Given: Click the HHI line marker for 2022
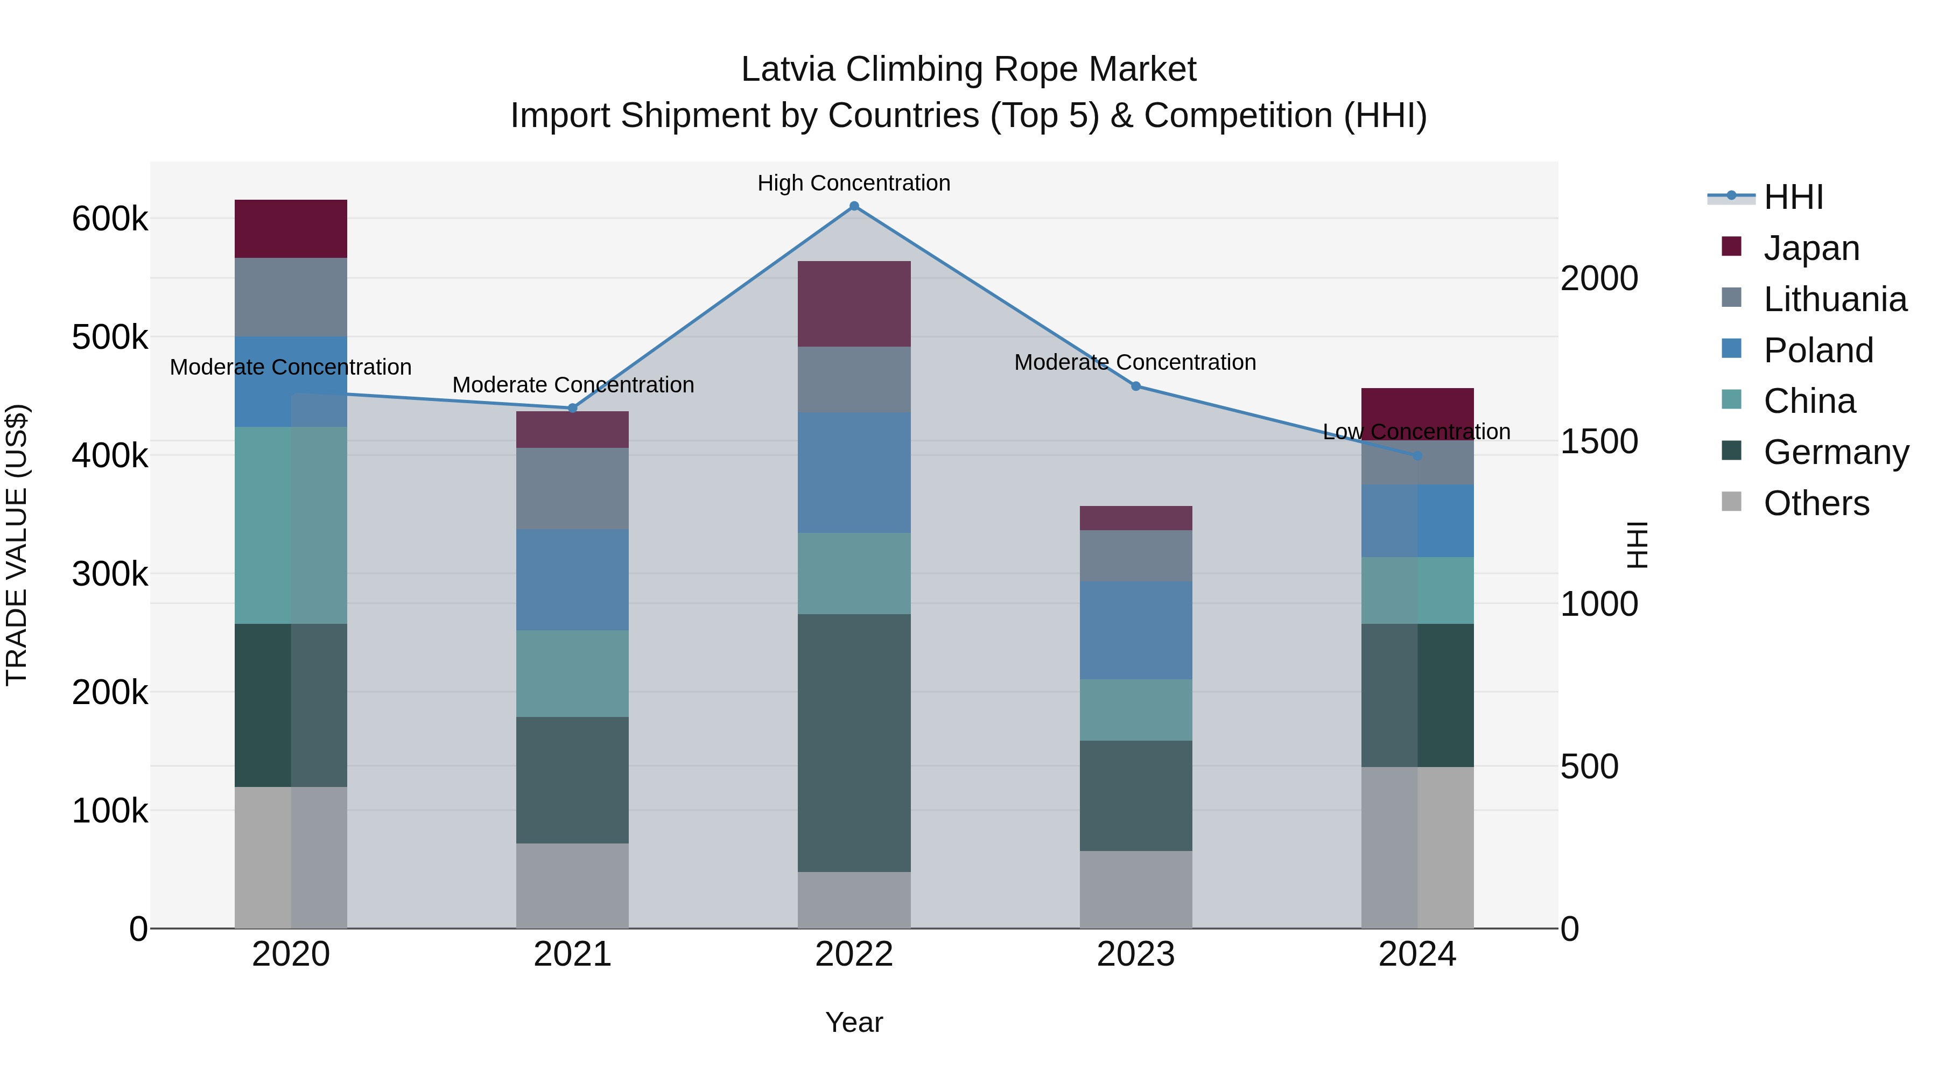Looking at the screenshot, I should coord(854,206).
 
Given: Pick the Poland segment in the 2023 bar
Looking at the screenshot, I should coord(1135,630).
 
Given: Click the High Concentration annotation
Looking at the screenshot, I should coord(854,183).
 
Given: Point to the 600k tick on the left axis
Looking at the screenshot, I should coord(110,220).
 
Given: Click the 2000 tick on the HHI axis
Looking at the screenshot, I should coord(1599,278).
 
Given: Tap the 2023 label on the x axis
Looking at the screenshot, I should coord(1135,954).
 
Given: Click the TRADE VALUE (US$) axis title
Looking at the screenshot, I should coord(17,545).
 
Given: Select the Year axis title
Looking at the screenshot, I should coord(854,1022).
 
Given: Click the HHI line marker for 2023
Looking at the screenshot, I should coord(1135,386).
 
